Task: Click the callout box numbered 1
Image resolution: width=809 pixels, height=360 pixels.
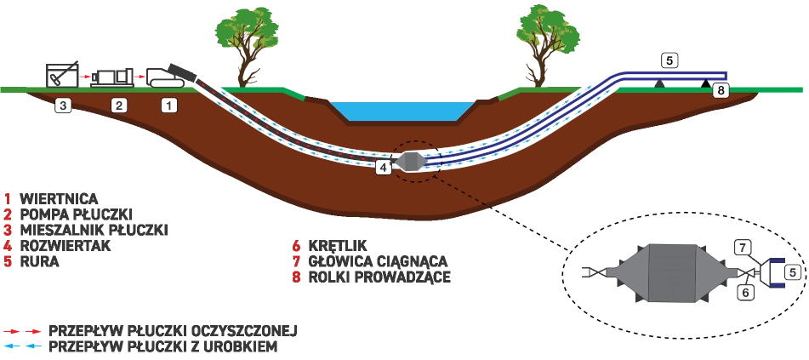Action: [169, 106]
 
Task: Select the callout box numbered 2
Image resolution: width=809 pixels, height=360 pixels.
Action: [119, 106]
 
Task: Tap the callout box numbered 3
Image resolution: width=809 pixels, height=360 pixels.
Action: [63, 106]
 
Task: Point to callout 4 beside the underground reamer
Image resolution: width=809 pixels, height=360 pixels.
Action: [384, 168]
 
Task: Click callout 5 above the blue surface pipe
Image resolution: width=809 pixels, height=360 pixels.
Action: [669, 60]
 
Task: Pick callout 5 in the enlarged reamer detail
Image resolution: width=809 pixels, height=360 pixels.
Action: [792, 272]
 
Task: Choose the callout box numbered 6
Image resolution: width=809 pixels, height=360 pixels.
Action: [745, 292]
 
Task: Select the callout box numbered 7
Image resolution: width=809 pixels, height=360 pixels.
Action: [743, 248]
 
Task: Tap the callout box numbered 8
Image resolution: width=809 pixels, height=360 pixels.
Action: [721, 90]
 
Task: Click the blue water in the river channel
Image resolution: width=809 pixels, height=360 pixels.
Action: [402, 111]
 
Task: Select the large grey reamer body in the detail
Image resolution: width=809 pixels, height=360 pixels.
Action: [672, 273]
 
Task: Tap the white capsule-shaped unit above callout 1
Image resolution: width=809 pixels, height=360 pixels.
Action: [168, 83]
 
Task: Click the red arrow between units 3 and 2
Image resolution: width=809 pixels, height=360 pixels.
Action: [85, 77]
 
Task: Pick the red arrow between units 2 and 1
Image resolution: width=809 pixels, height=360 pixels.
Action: [140, 77]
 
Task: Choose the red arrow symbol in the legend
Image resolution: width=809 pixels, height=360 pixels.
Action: [23, 331]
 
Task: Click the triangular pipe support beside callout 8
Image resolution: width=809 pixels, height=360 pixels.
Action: [705, 83]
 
